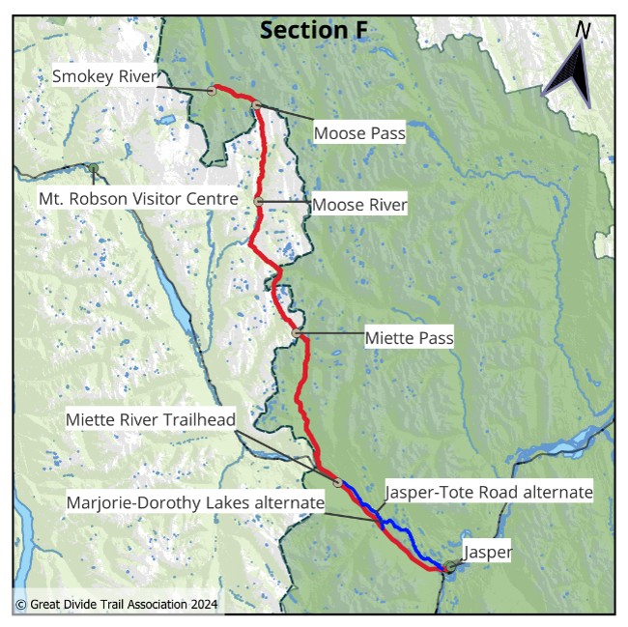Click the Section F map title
pyautogui.click(x=314, y=30)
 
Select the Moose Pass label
pyautogui.click(x=359, y=133)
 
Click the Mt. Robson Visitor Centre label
pyautogui.click(x=138, y=199)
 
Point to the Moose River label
pyautogui.click(x=359, y=205)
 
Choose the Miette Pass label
pyautogui.click(x=409, y=338)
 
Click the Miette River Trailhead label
pyautogui.click(x=150, y=421)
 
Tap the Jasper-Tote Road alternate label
pyautogui.click(x=488, y=492)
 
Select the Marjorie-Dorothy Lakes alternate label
pyautogui.click(x=195, y=503)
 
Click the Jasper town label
pyautogui.click(x=487, y=553)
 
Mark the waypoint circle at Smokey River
pyautogui.click(x=212, y=91)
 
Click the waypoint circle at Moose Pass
pyautogui.click(x=258, y=105)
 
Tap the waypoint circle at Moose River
pyautogui.click(x=259, y=201)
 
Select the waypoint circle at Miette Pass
pyautogui.click(x=297, y=333)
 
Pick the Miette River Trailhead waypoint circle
pyautogui.click(x=338, y=482)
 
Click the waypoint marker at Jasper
pyautogui.click(x=450, y=567)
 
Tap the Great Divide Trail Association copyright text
pyautogui.click(x=116, y=605)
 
